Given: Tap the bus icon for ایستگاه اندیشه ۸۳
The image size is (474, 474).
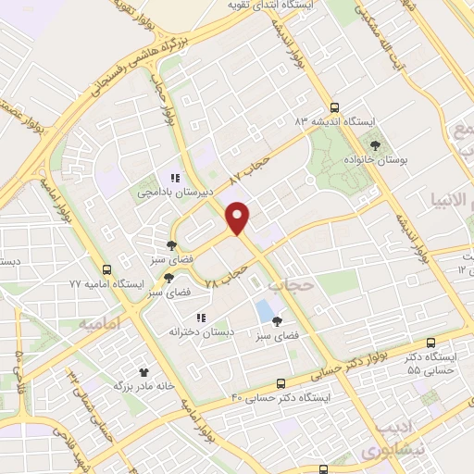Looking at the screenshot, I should (334, 106).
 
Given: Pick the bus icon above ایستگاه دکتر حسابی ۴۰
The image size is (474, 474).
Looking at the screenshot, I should (281, 383).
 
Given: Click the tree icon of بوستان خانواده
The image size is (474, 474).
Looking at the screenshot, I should (375, 144).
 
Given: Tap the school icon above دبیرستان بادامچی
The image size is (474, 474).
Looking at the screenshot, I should (173, 178).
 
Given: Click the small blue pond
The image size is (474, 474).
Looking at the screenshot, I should (266, 309).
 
